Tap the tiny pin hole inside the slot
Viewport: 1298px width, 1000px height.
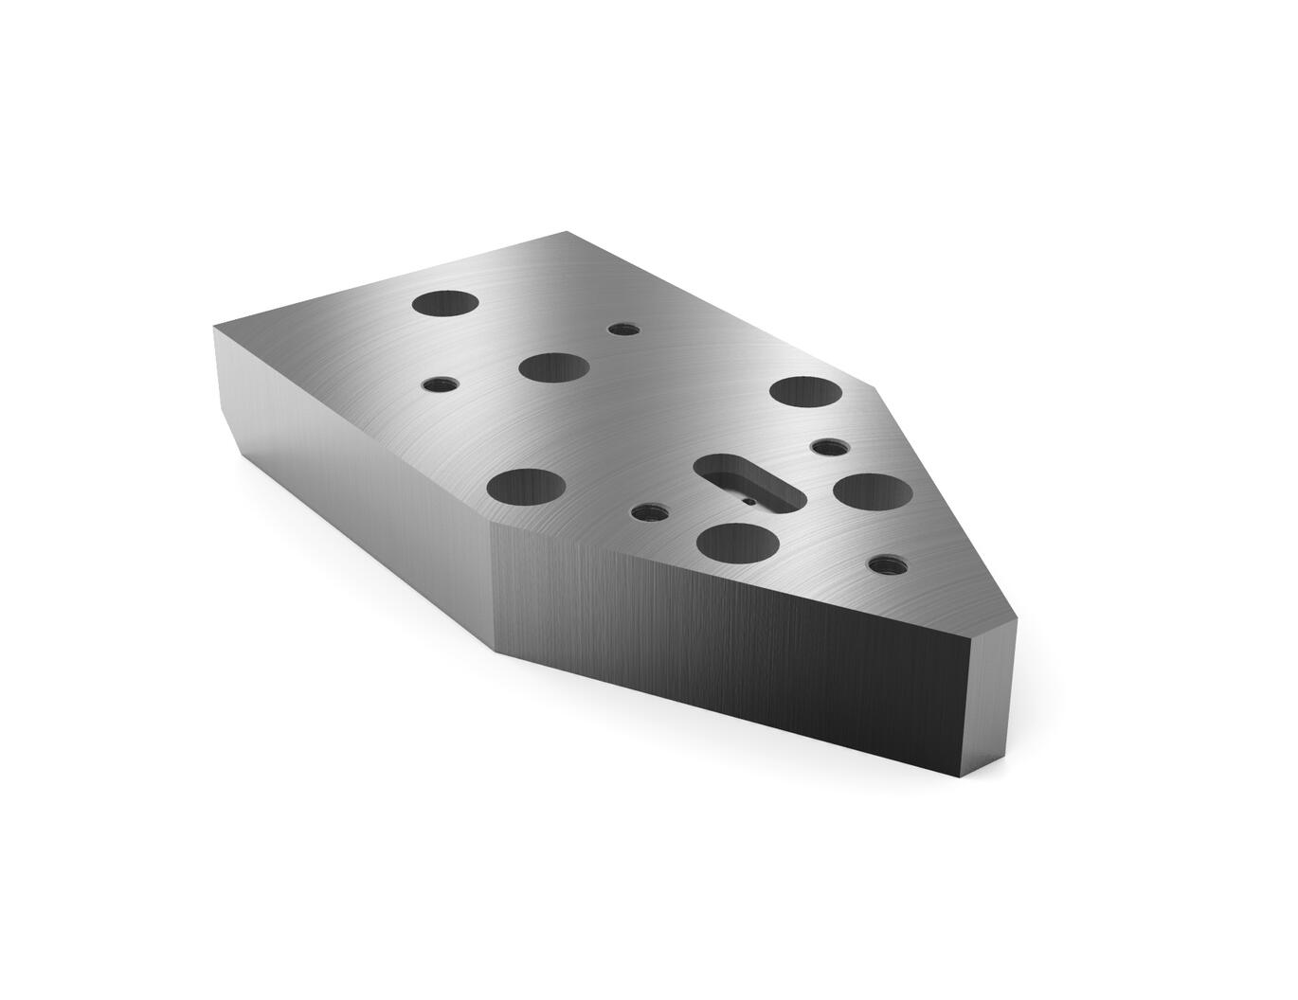[x=748, y=501]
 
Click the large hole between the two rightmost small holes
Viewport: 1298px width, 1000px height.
[x=872, y=491]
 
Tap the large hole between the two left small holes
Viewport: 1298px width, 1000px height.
[x=553, y=367]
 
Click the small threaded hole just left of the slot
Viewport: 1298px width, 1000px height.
[x=645, y=512]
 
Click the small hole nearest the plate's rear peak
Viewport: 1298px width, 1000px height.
[x=621, y=330]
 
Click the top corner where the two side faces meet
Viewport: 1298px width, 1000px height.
[x=492, y=523]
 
